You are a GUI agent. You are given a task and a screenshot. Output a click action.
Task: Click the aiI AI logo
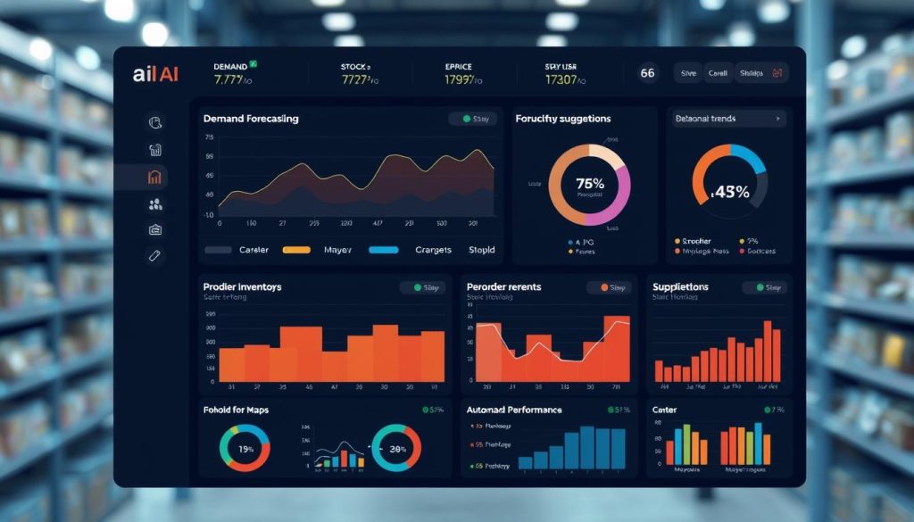click(x=155, y=75)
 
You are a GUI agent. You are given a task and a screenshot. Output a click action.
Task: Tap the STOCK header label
click(x=355, y=66)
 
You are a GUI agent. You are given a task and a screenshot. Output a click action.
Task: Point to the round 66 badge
click(x=648, y=74)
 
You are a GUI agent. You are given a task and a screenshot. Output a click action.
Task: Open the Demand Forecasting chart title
click(x=251, y=119)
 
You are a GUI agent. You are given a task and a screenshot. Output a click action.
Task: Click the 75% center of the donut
click(x=589, y=184)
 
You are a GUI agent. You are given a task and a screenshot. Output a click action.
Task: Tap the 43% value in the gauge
click(x=731, y=191)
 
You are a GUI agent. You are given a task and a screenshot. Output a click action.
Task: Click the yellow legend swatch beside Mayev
click(x=295, y=251)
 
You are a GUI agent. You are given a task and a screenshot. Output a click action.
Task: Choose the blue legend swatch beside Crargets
click(x=383, y=251)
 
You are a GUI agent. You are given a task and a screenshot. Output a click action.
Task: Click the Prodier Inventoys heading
click(x=242, y=286)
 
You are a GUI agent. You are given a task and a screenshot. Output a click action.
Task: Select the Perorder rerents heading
click(x=503, y=286)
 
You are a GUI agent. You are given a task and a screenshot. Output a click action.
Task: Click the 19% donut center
click(x=243, y=449)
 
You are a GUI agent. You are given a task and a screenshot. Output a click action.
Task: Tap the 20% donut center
click(x=396, y=449)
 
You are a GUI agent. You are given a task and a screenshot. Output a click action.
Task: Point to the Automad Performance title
click(x=514, y=410)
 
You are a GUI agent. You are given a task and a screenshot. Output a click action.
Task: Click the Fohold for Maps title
click(x=236, y=410)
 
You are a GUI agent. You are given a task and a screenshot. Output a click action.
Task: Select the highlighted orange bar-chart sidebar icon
click(x=154, y=177)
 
